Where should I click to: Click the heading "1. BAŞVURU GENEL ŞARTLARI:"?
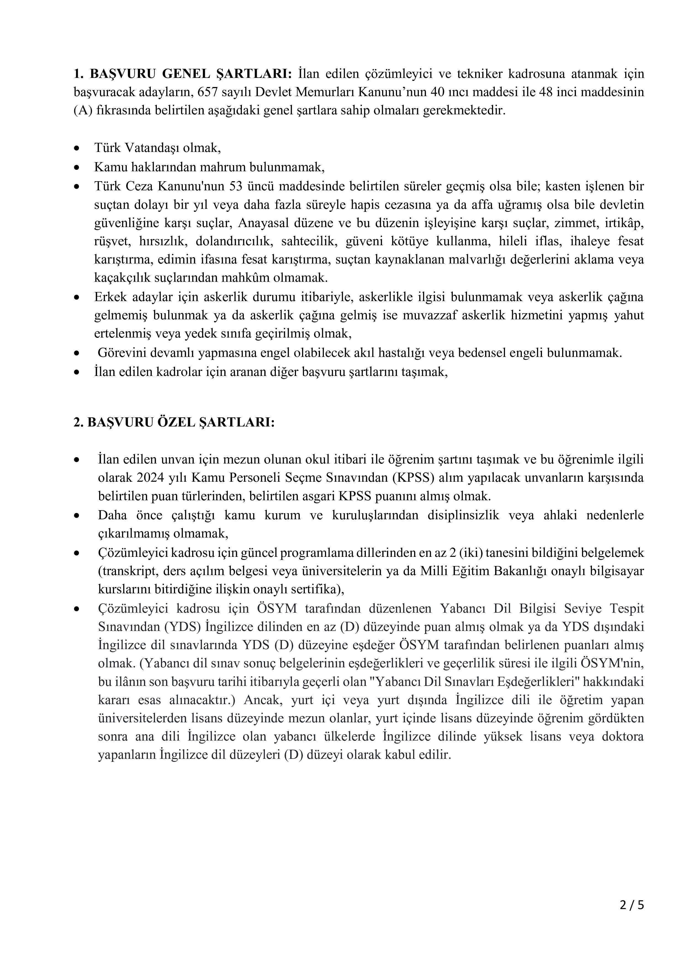[x=183, y=74]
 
